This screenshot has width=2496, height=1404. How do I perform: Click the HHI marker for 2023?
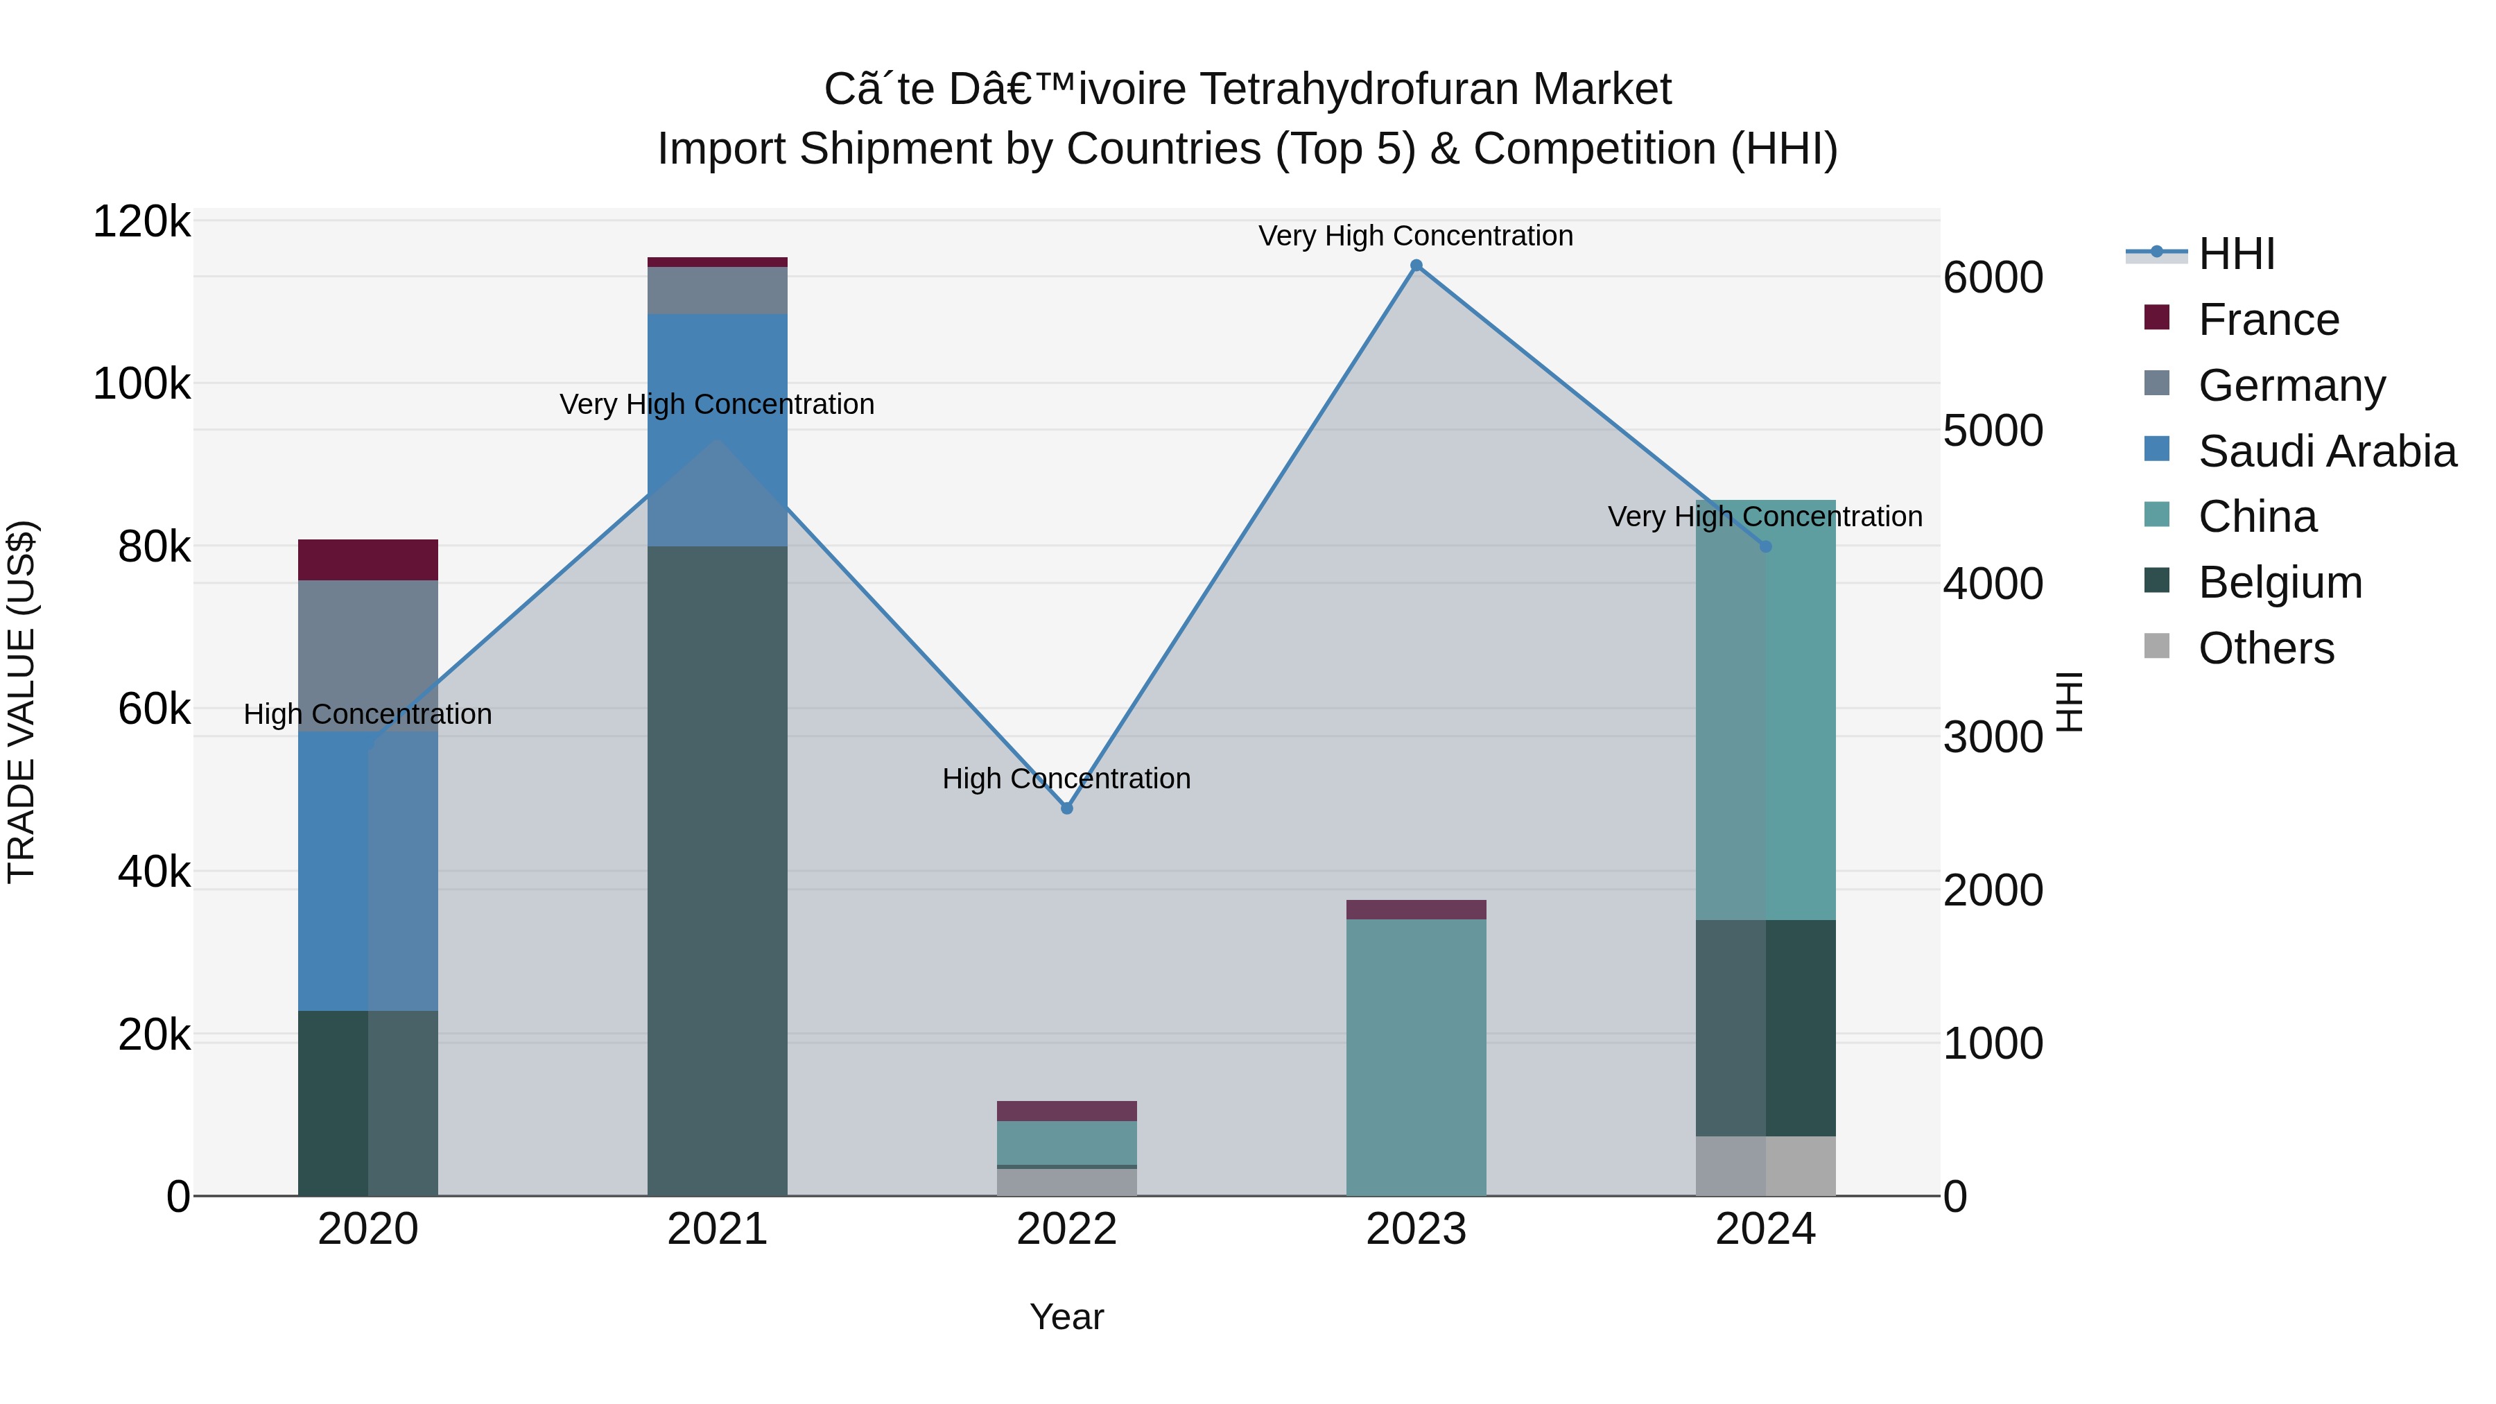click(1416, 266)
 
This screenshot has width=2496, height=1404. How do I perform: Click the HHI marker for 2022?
click(1067, 808)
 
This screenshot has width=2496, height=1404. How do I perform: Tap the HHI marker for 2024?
click(1765, 546)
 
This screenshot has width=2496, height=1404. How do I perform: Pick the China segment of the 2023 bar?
click(1416, 1056)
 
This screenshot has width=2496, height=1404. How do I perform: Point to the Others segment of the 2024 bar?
click(1765, 1167)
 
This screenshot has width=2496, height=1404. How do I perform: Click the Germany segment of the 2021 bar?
click(717, 290)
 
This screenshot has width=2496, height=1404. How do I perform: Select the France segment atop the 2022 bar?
click(1067, 1111)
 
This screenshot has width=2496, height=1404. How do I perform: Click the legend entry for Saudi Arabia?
click(2325, 451)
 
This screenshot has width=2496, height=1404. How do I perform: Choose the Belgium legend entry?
click(2279, 582)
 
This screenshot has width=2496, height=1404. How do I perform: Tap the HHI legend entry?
click(2235, 254)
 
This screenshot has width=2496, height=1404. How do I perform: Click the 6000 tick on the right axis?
click(1993, 278)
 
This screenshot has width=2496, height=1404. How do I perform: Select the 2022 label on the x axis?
click(1067, 1229)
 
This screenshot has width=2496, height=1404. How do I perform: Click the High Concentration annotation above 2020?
click(367, 714)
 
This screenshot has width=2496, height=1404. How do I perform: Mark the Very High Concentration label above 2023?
click(1416, 236)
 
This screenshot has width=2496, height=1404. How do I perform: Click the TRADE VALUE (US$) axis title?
click(21, 702)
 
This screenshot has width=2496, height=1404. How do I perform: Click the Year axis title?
click(1067, 1317)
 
